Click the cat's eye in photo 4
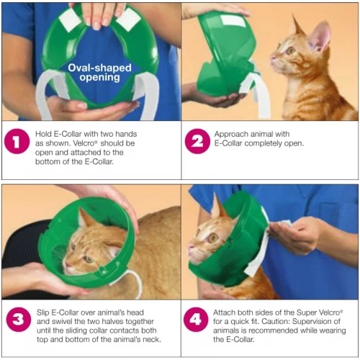coord(212,237)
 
